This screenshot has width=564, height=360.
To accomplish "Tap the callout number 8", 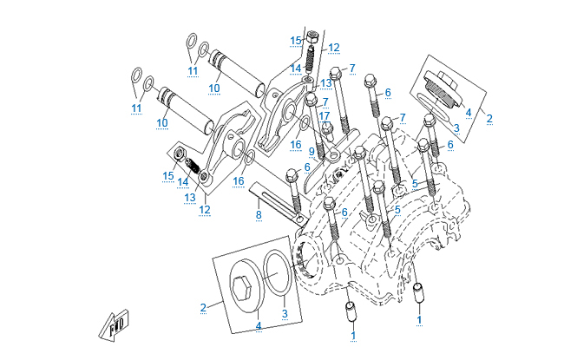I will point(258,213).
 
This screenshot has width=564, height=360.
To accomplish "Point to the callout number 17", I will point(325,115).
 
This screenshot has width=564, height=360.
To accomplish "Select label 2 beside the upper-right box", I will point(489,118).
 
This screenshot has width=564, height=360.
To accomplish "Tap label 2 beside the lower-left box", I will point(203,307).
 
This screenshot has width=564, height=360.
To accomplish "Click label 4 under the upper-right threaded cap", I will point(468,112).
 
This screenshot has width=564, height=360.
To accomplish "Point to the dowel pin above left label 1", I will point(351,308).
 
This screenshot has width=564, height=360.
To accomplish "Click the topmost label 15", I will point(295,41).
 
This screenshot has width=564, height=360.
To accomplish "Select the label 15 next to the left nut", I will point(167,176).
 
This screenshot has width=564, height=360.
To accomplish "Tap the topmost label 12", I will point(333,47).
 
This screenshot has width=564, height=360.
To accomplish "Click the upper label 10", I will point(213,88).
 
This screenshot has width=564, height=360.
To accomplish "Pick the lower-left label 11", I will point(135,108).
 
